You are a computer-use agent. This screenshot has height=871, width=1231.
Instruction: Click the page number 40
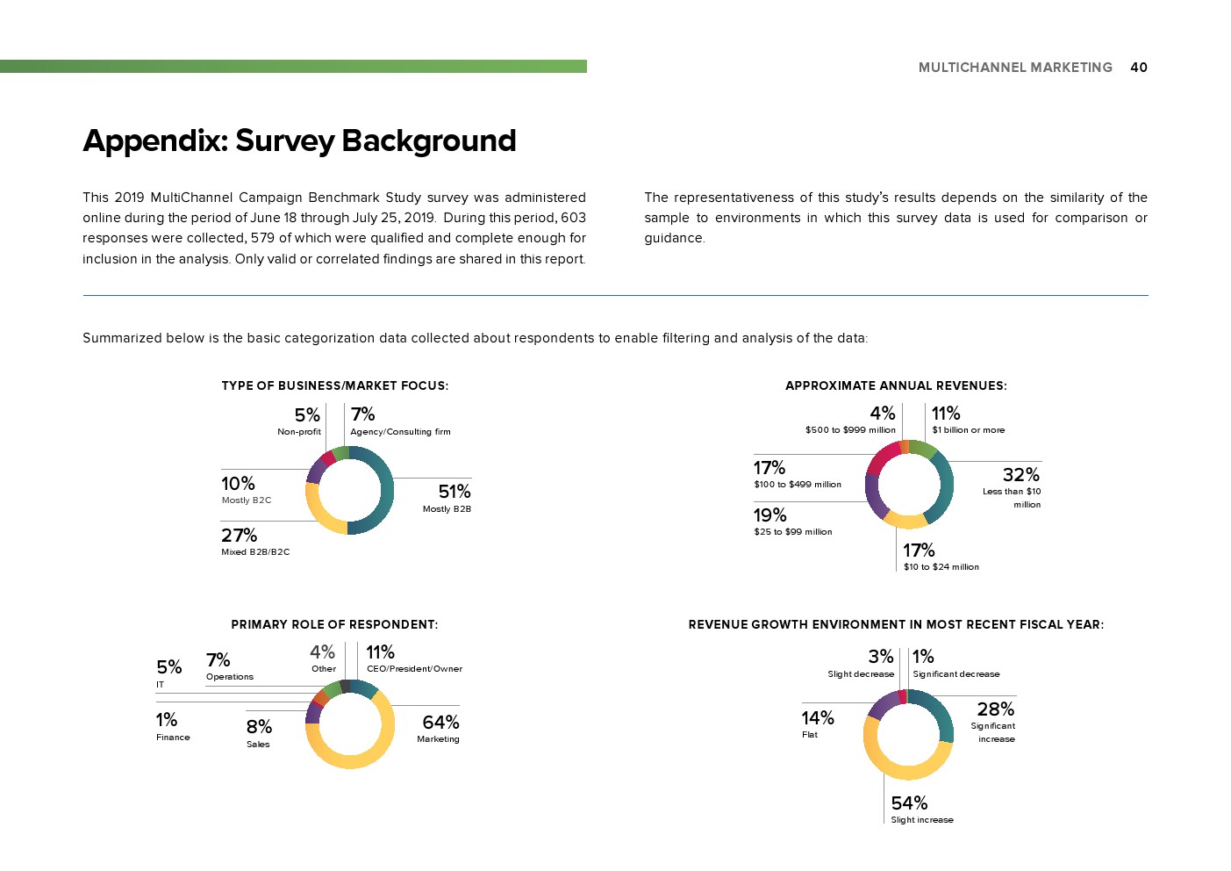pyautogui.click(x=1138, y=68)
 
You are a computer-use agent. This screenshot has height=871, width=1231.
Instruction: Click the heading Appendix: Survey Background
pyautogui.click(x=299, y=140)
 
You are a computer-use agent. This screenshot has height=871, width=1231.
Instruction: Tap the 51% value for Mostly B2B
pyautogui.click(x=454, y=492)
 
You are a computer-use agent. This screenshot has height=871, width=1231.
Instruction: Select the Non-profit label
pyautogui.click(x=299, y=432)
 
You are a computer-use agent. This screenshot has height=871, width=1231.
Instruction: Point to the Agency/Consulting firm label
pyautogui.click(x=400, y=432)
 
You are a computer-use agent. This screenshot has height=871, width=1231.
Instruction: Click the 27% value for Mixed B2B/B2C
pyautogui.click(x=239, y=536)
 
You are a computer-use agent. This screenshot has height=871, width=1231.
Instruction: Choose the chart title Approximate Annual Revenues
pyautogui.click(x=896, y=385)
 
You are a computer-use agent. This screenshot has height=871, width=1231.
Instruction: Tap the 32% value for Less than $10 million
pyautogui.click(x=1020, y=475)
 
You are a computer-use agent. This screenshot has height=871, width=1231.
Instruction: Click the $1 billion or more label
pyautogui.click(x=968, y=430)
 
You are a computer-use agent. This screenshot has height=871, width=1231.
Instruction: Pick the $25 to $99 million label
pyautogui.click(x=793, y=532)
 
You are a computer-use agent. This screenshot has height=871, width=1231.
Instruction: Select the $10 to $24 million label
pyautogui.click(x=941, y=567)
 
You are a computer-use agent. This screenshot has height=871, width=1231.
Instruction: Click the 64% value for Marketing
pyautogui.click(x=440, y=723)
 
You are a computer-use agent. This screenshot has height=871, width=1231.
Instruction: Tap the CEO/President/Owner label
pyautogui.click(x=414, y=669)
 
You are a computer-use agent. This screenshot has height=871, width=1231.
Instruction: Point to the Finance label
pyautogui.click(x=173, y=738)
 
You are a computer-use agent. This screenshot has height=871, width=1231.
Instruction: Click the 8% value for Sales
pyautogui.click(x=259, y=727)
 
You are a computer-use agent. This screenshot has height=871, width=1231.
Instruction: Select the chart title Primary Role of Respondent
pyautogui.click(x=334, y=624)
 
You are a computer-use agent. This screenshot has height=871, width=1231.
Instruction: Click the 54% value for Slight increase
pyautogui.click(x=909, y=803)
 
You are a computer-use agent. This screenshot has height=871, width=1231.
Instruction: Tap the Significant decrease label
pyautogui.click(x=955, y=674)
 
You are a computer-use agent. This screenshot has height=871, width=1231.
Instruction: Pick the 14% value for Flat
pyautogui.click(x=818, y=718)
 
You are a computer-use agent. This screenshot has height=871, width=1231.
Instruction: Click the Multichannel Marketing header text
pyautogui.click(x=1015, y=68)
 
